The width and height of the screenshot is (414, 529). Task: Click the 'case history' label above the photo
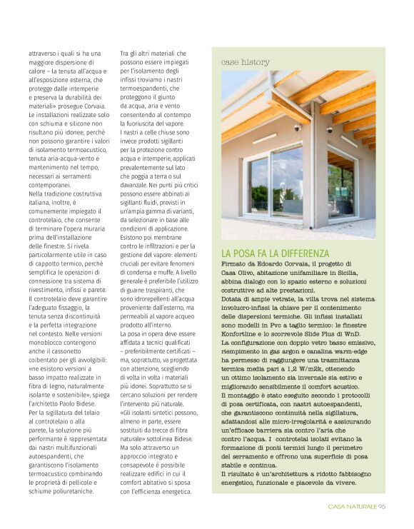(x=244, y=62)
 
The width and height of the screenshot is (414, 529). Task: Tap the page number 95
(x=383, y=508)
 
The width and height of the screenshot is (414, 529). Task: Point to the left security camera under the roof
(x=298, y=128)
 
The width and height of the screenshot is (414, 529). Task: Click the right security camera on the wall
(x=329, y=130)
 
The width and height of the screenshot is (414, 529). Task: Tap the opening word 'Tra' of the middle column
(x=125, y=54)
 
